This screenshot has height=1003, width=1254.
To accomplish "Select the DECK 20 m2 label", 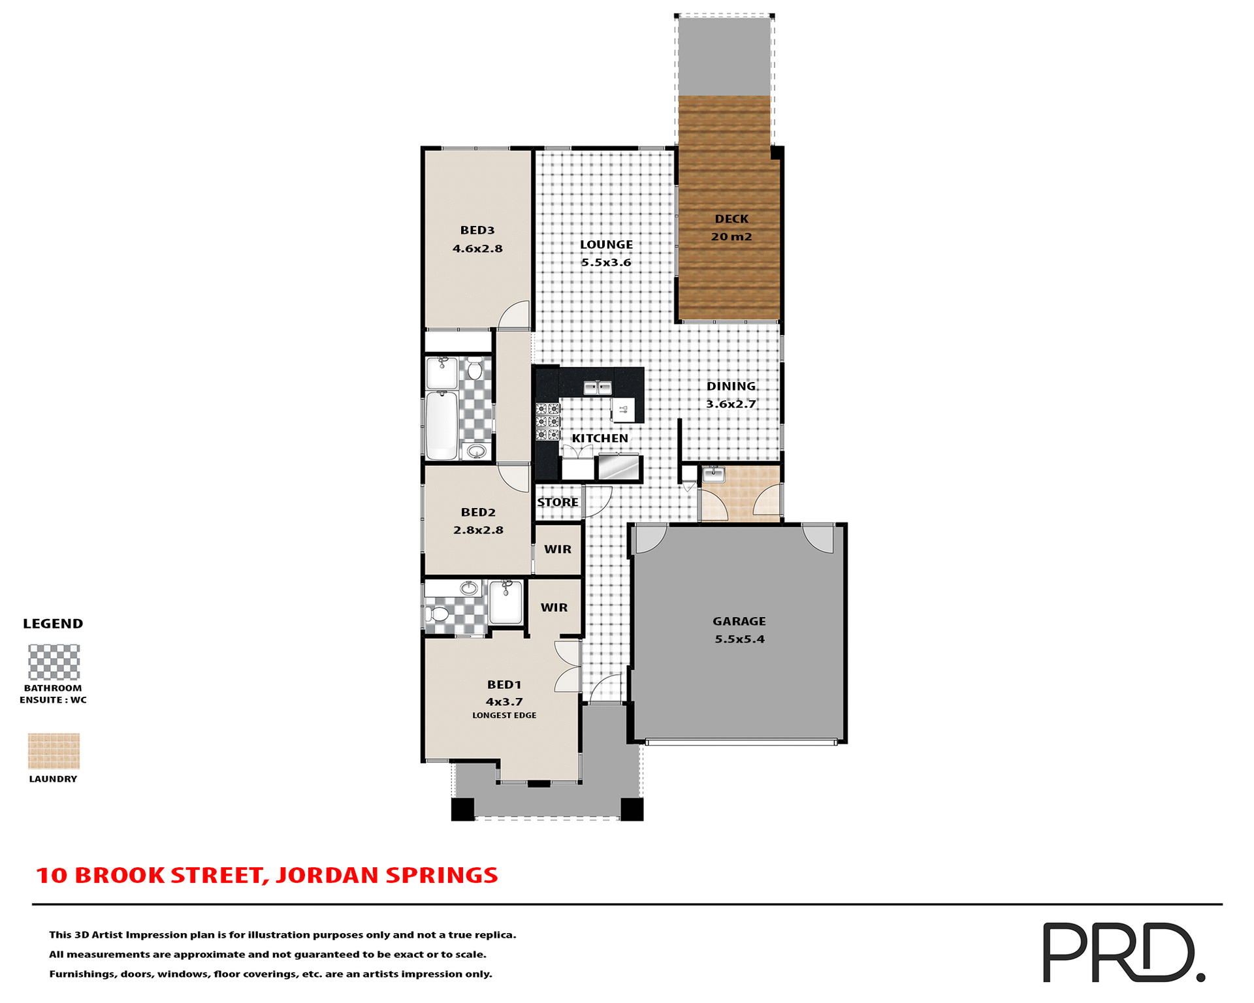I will tap(731, 228).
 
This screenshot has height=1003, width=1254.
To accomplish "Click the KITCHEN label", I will tap(600, 438).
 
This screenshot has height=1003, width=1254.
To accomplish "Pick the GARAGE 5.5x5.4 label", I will tap(739, 630).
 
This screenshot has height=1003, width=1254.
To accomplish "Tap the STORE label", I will tap(557, 502).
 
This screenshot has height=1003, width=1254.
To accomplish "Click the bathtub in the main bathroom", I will tap(442, 425).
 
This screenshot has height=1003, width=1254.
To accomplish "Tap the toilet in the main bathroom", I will tap(475, 370).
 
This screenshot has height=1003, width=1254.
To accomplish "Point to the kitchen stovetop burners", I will tap(547, 422).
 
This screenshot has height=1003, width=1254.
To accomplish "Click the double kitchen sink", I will tap(597, 389).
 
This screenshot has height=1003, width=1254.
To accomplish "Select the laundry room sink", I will tap(713, 474).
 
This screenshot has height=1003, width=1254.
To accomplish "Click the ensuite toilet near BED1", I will tap(438, 614).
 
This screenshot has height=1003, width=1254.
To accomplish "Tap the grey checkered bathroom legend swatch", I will tap(54, 662).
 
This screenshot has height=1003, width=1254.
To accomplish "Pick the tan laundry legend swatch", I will tap(54, 751).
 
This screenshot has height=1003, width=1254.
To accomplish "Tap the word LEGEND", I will tap(53, 624).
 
